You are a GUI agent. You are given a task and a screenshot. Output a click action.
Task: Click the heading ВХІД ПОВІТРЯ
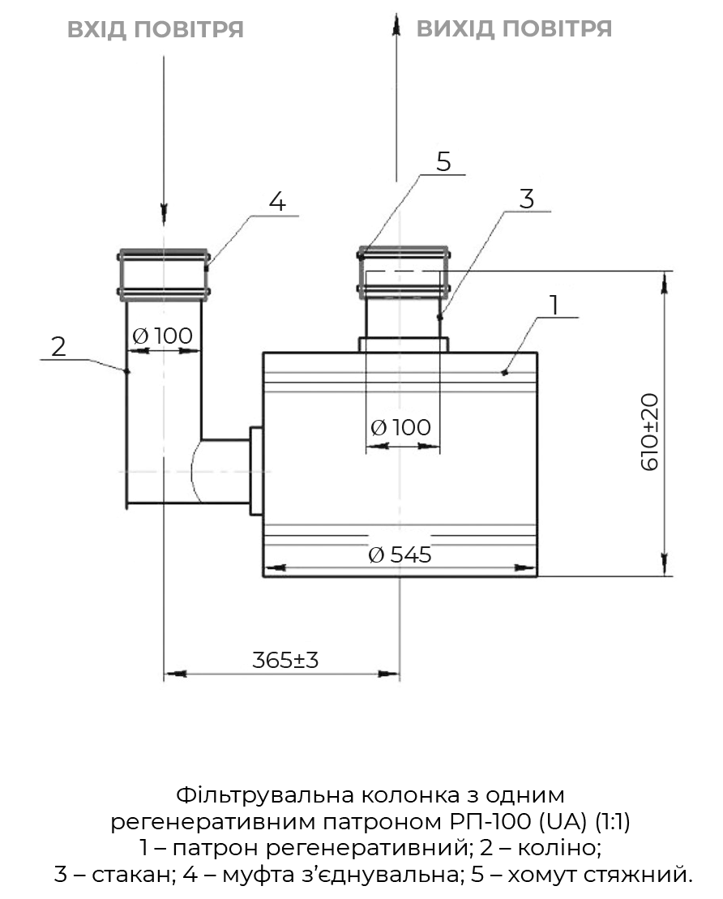(155, 30)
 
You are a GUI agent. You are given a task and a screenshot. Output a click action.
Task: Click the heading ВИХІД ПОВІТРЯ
(514, 29)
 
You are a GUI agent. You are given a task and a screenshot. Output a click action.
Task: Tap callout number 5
(443, 161)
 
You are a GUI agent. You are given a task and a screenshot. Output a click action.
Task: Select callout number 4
(278, 202)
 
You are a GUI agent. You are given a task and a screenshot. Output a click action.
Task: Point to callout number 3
(527, 199)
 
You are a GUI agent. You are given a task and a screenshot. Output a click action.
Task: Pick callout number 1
(554, 306)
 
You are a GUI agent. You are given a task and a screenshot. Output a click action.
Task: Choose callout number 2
(58, 347)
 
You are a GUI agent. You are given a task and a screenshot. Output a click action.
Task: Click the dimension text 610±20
(651, 432)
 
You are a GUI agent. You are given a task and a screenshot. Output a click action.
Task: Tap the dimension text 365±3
(285, 660)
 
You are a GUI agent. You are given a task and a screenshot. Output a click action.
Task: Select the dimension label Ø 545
(400, 555)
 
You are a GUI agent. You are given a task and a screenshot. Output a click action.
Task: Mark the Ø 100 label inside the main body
(401, 427)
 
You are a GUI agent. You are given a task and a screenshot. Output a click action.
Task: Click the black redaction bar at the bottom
(373, 835)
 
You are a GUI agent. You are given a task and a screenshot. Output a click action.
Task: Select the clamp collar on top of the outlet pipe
(403, 272)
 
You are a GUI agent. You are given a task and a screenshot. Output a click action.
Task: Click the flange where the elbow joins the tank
(256, 470)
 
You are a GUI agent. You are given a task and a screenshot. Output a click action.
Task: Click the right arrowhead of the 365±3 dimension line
(390, 673)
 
